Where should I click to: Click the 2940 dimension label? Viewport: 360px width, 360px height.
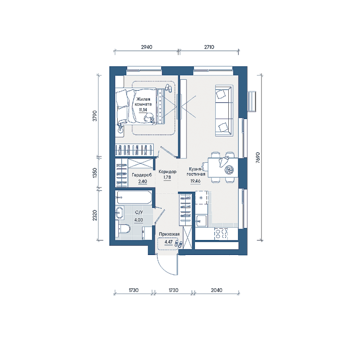click(146, 47)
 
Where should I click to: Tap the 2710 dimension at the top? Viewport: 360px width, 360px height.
click(209, 47)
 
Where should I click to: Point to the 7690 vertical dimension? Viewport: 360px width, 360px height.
click(258, 157)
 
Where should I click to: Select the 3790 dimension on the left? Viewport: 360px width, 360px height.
click(95, 116)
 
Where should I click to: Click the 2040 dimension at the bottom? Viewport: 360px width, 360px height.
click(217, 290)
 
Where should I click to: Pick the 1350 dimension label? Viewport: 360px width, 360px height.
click(95, 172)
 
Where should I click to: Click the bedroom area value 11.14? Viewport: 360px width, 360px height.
click(143, 110)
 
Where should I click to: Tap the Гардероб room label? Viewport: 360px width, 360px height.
click(142, 175)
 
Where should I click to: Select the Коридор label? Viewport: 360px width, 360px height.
click(167, 172)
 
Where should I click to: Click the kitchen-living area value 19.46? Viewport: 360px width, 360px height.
click(195, 181)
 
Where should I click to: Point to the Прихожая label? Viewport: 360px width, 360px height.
click(169, 234)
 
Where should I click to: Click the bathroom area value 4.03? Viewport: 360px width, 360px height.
click(139, 220)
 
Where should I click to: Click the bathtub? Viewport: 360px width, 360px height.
click(134, 197)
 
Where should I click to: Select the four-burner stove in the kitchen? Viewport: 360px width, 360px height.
click(221, 233)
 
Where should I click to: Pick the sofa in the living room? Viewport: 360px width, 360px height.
click(224, 111)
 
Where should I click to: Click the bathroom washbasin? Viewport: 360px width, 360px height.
click(120, 212)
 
